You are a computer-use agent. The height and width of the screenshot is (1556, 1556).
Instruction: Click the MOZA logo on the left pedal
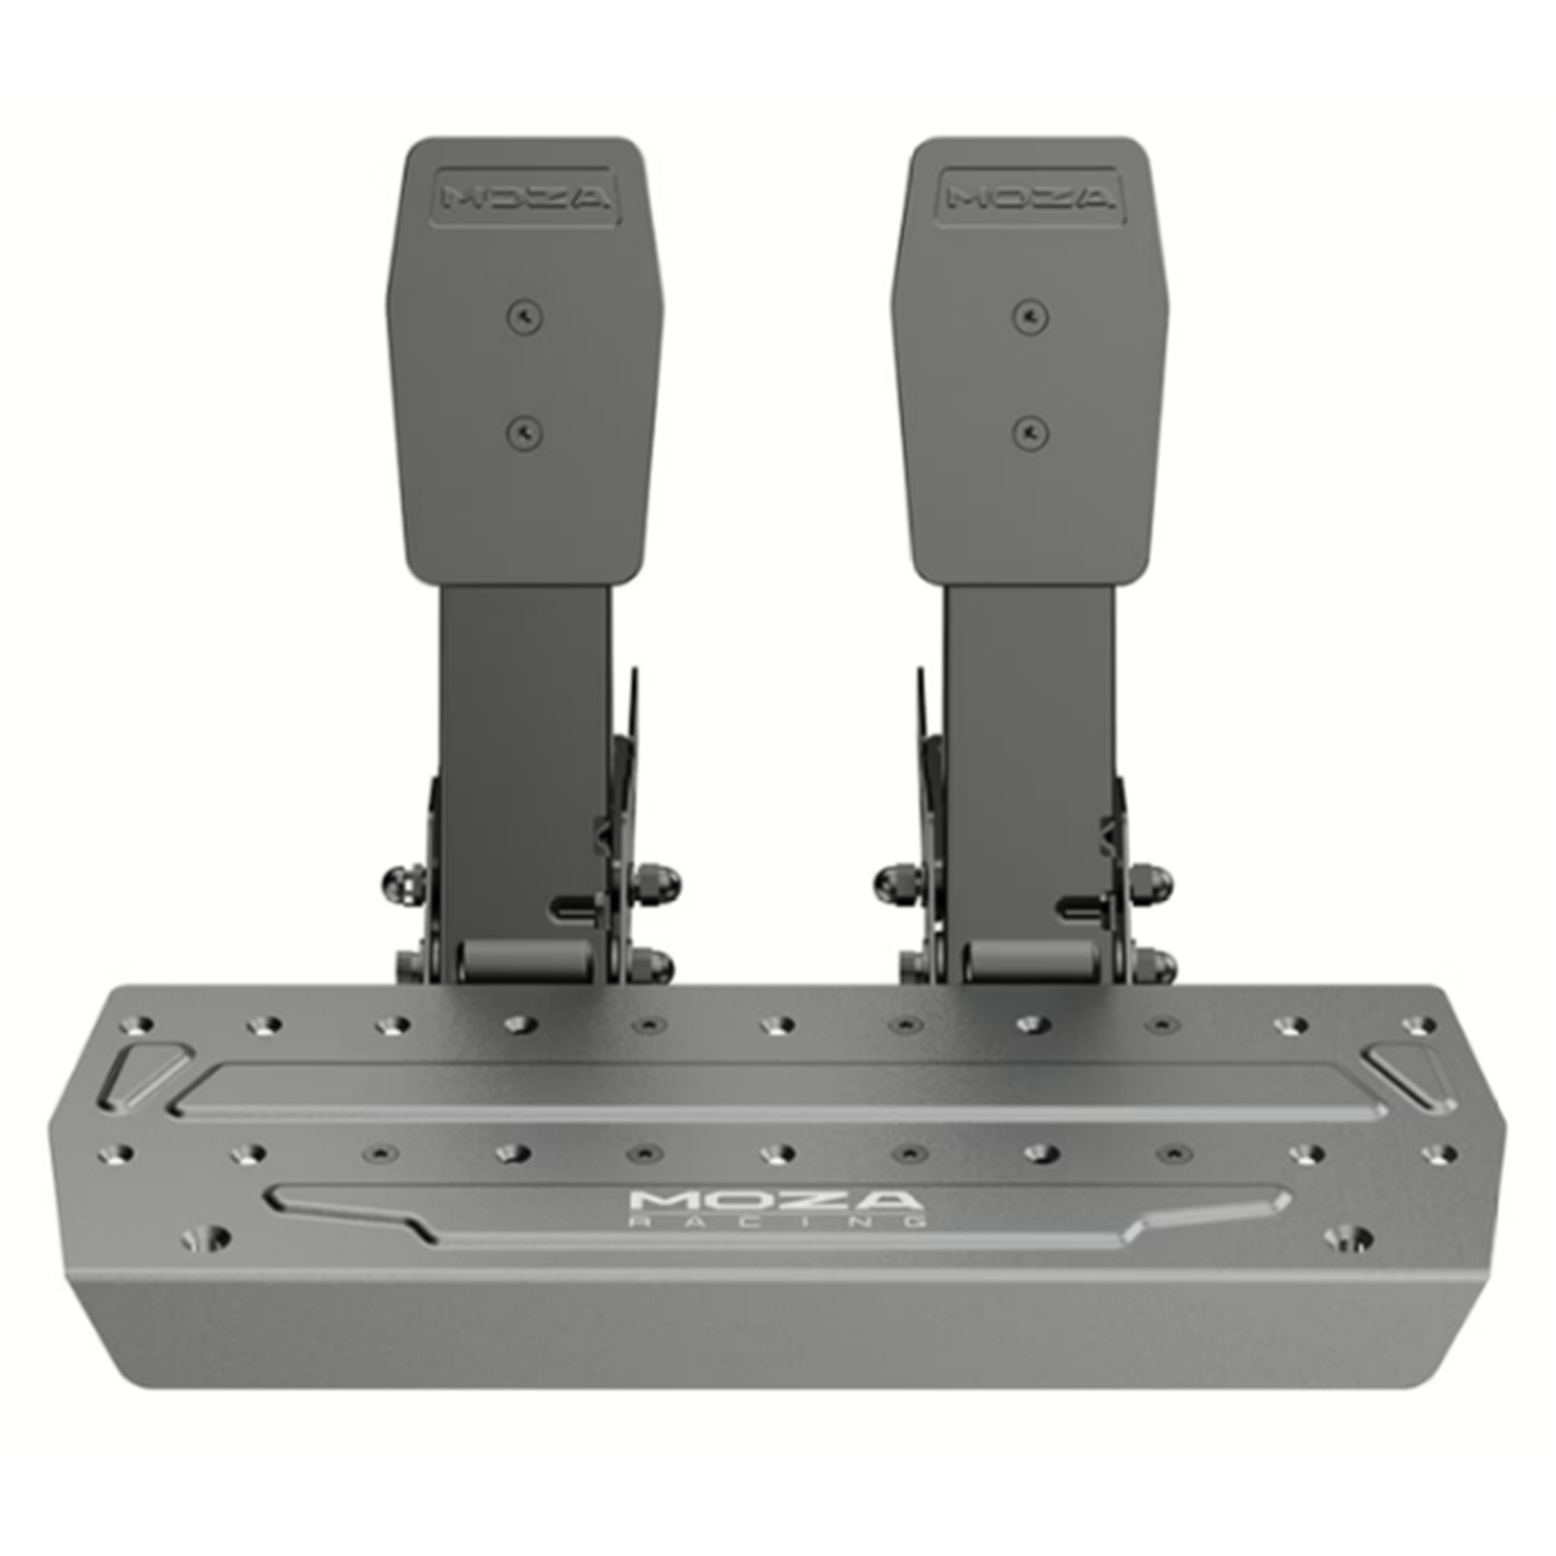click(526, 198)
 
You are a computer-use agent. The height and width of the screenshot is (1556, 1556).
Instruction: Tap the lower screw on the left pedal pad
click(524, 431)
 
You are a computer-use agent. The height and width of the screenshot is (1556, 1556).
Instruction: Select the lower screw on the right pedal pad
click(1030, 431)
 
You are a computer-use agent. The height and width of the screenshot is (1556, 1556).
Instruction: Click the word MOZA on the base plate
click(774, 1199)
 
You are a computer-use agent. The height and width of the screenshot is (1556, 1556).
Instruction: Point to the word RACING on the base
click(778, 1220)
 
